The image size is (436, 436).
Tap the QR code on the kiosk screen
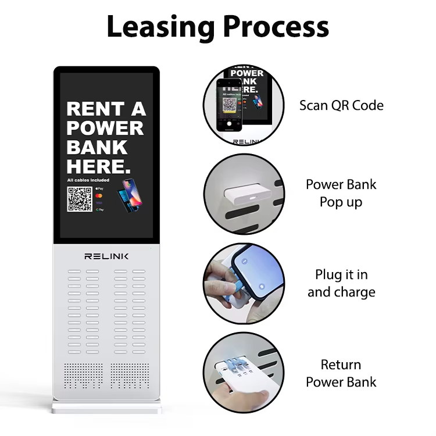pos(80,199)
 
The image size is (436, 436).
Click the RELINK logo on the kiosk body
pos(106,256)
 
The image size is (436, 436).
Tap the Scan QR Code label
pos(341,105)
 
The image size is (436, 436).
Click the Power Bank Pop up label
pos(341,193)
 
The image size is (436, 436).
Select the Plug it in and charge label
pos(341,283)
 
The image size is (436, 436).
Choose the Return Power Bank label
pos(341,373)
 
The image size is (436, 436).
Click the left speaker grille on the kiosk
pos(81,377)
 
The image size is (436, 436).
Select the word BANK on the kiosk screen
pos(97,148)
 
